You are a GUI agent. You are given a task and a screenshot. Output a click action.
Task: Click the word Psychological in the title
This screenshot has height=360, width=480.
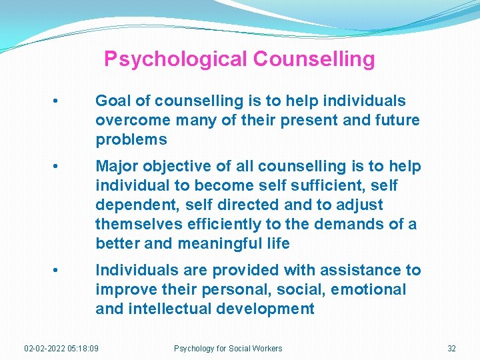point(175,59)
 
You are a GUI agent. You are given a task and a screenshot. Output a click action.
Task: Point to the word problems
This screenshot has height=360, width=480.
point(131,140)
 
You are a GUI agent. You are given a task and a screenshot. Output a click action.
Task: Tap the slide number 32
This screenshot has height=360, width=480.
point(451,348)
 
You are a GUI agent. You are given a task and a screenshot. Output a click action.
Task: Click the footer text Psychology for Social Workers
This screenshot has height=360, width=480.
point(228,348)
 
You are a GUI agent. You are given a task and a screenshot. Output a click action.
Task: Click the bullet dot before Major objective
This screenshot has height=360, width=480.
point(58,166)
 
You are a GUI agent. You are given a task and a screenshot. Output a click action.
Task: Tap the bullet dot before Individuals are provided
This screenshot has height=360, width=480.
point(58,270)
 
